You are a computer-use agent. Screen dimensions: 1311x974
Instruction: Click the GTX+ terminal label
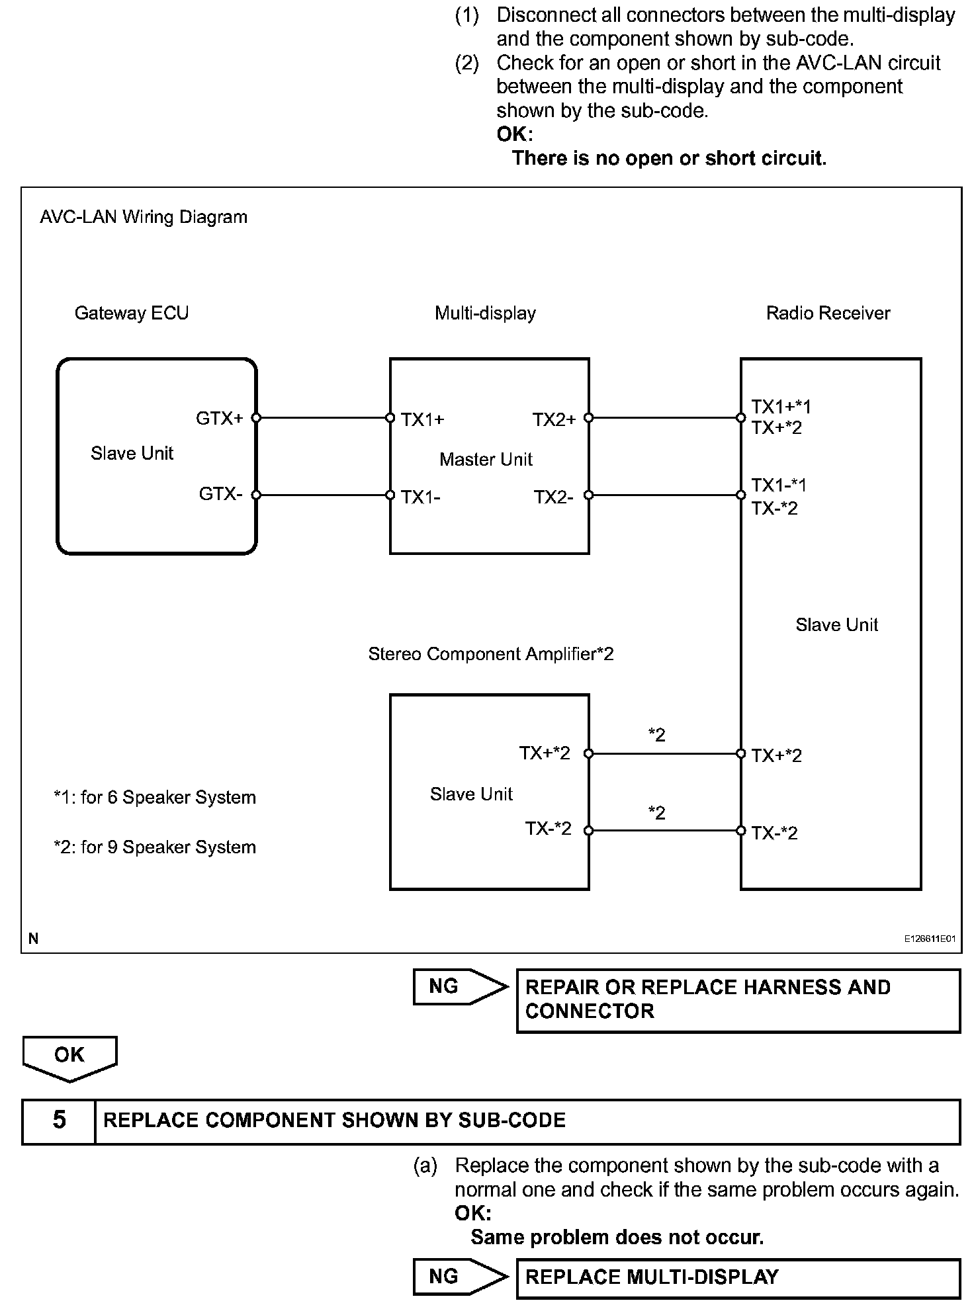(x=219, y=418)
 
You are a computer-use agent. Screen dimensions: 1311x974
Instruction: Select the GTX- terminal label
(x=220, y=494)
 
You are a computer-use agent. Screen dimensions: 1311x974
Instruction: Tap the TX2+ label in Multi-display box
(x=554, y=419)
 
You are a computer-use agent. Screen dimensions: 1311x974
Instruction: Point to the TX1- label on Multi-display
(x=421, y=497)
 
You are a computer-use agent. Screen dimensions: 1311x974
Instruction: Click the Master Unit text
(x=486, y=459)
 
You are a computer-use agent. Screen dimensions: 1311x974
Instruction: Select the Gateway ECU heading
(x=131, y=313)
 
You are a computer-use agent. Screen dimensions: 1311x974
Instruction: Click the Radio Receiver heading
(x=828, y=313)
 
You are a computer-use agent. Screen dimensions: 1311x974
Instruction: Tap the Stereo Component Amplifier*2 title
(x=490, y=654)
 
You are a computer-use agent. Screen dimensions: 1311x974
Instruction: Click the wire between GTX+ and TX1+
(x=323, y=418)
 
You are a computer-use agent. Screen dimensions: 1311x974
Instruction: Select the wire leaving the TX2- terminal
(x=664, y=495)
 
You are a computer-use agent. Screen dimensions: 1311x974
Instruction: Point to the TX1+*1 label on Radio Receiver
(x=781, y=406)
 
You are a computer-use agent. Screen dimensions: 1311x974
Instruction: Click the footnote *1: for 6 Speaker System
(x=154, y=798)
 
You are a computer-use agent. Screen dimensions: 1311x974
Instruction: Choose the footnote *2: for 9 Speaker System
(x=154, y=847)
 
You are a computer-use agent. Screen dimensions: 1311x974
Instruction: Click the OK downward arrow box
(x=69, y=1056)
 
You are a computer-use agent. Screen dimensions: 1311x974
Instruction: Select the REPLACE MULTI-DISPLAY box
(x=738, y=1277)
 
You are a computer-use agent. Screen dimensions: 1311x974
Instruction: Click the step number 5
(x=59, y=1121)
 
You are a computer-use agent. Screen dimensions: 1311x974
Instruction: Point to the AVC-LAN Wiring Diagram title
(x=144, y=217)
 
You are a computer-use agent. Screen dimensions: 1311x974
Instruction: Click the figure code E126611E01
(x=930, y=939)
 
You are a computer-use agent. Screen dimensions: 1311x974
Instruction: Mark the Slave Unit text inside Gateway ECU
(x=132, y=453)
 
